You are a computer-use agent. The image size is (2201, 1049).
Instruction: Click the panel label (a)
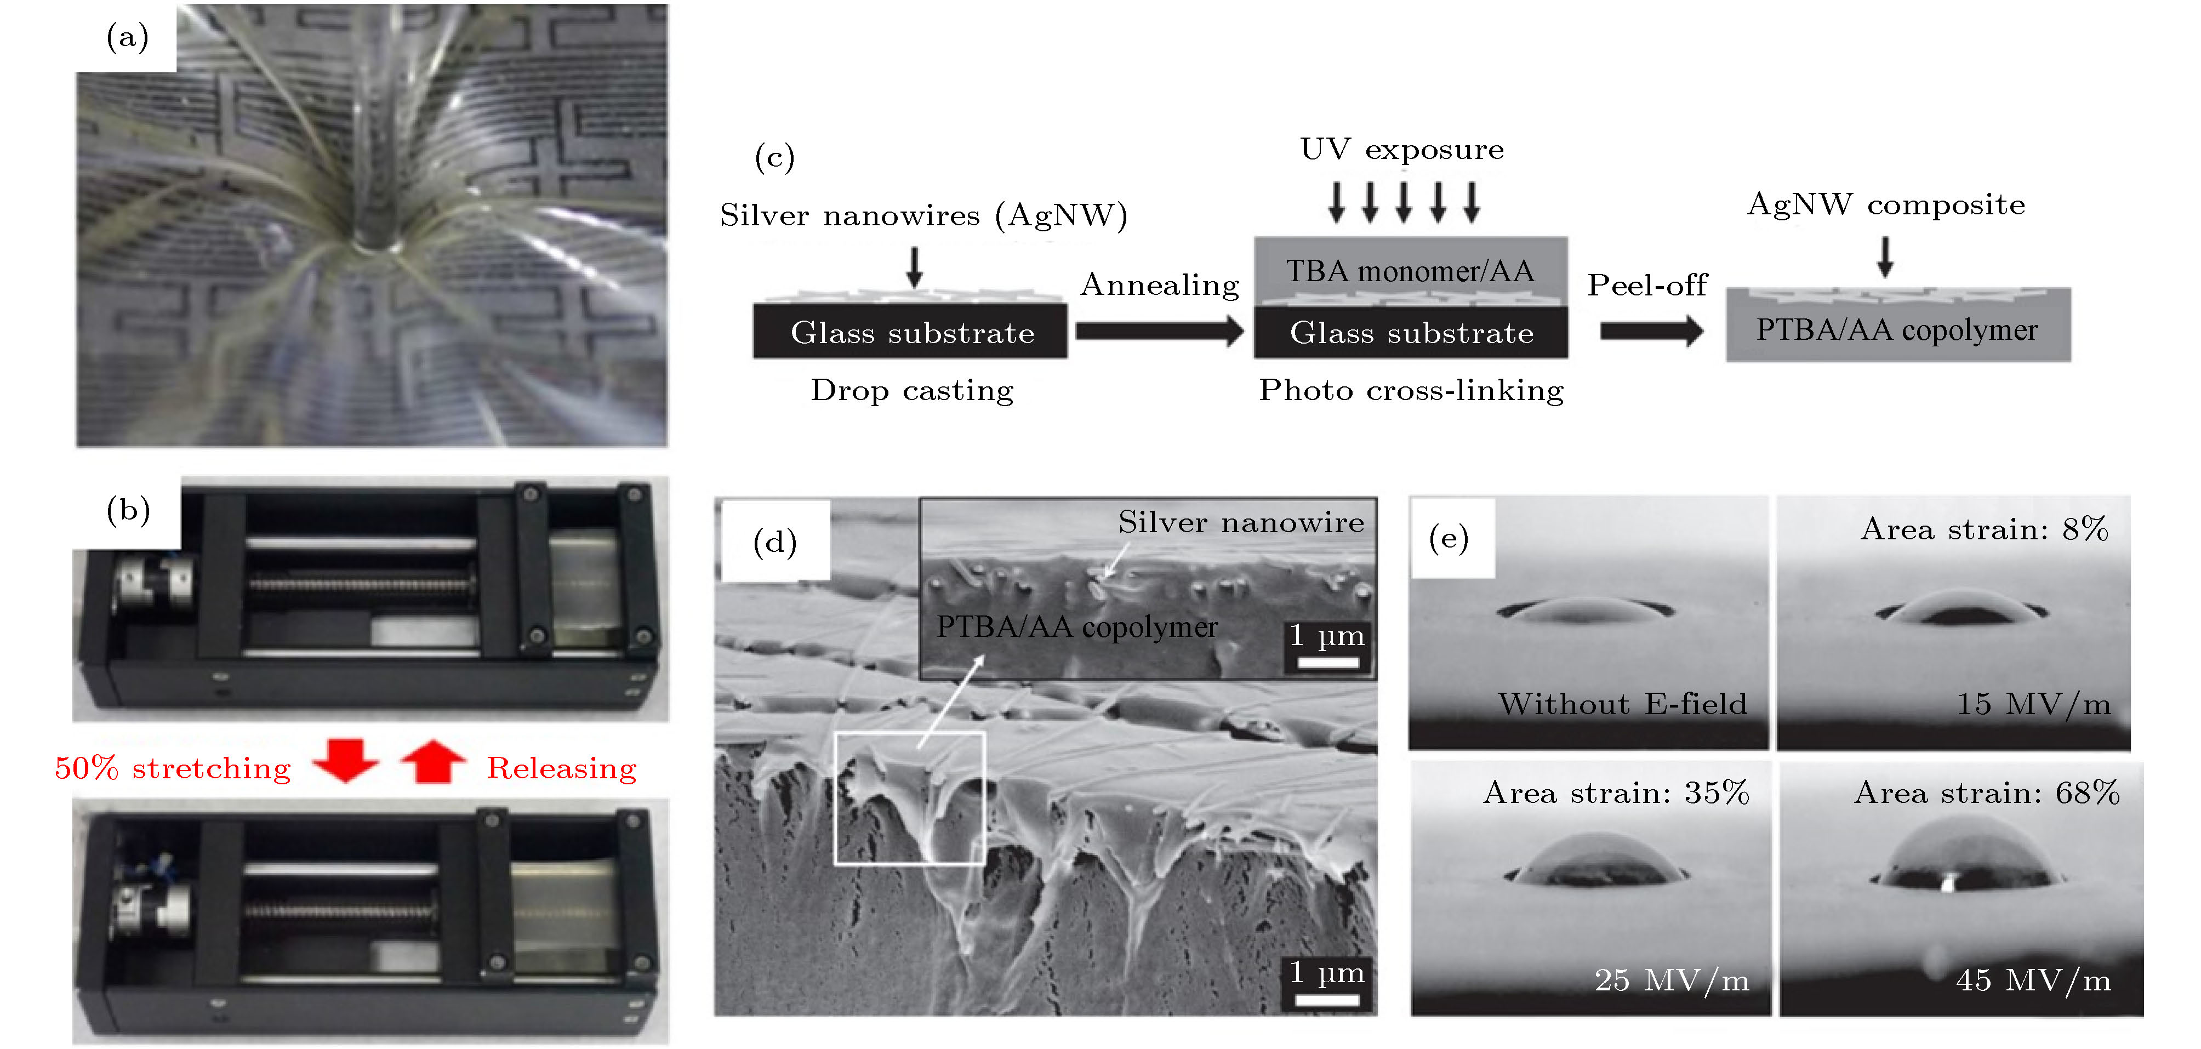point(127,38)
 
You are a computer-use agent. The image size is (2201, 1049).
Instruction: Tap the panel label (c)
point(774,157)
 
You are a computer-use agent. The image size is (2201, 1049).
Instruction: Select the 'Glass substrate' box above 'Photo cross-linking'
point(1411,332)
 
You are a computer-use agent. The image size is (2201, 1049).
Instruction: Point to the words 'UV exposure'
point(1401,150)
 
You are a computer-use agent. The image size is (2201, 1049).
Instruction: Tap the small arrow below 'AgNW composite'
point(1885,256)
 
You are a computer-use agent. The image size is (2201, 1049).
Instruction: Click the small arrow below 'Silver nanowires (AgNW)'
point(914,266)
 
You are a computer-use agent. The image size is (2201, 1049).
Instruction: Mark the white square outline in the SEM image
point(909,798)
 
